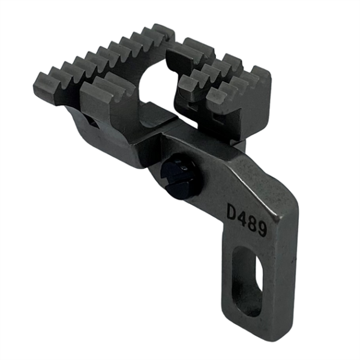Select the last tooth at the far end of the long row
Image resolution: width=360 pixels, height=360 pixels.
click(163, 31)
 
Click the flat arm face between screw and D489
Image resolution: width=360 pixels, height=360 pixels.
click(207, 186)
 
